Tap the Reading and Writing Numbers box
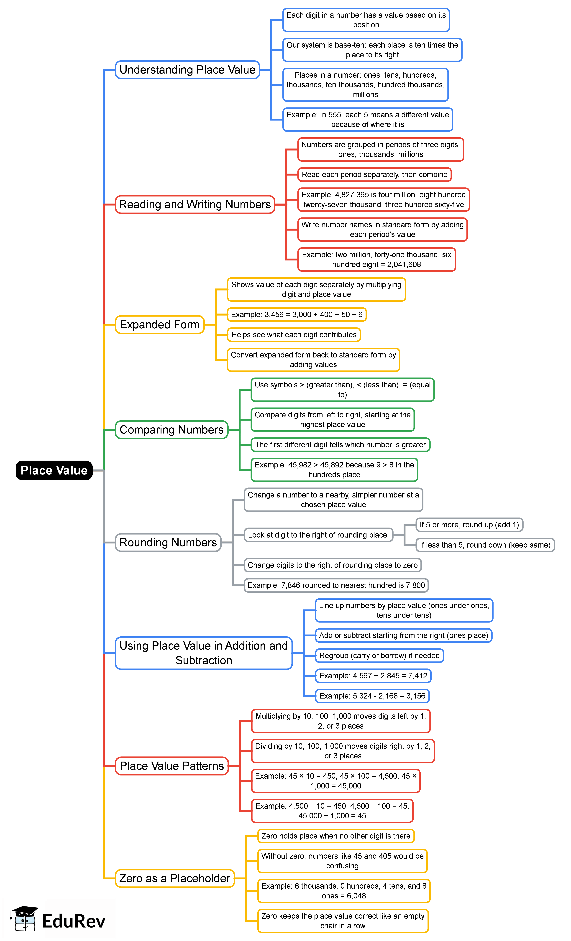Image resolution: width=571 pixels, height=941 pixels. pos(195,204)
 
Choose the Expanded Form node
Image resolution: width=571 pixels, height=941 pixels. pos(160,325)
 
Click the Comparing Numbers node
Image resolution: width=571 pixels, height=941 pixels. pos(172,430)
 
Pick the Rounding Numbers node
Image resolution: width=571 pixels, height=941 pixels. pos(168,542)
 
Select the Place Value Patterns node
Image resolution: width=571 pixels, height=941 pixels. pos(172,766)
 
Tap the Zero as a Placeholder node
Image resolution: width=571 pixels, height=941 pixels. pos(174,878)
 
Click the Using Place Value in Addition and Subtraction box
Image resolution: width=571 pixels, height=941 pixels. pos(204,653)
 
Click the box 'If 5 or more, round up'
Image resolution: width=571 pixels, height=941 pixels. pos(469,525)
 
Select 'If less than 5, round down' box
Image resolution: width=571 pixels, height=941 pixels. pos(485,545)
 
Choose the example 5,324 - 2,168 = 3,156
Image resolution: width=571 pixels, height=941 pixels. pos(372,696)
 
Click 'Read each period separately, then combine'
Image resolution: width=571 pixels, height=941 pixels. pos(374,175)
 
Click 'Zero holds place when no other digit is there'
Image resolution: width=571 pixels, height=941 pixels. pos(336,836)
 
